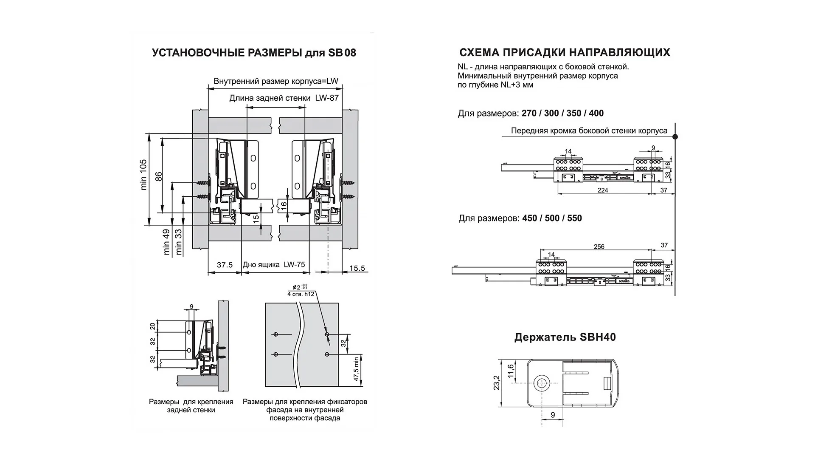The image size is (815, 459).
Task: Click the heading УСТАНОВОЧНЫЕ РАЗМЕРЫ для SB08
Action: coord(254,53)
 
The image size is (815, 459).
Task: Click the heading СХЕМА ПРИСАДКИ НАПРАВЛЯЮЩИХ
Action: coord(565,52)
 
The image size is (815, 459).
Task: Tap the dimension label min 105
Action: coord(143,174)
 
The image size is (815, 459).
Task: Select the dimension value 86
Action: coord(159,176)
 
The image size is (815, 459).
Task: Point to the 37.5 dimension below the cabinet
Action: coord(225,265)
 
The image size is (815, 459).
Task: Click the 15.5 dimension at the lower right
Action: coord(357,268)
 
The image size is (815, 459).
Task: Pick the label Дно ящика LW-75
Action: coord(274,265)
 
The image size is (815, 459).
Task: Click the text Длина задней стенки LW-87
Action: coord(284,98)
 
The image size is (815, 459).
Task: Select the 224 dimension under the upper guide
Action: coord(603,190)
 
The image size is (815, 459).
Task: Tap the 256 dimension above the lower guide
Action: coord(599,246)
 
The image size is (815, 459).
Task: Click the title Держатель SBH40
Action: coord(565,337)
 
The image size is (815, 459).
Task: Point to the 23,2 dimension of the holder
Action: coord(497,382)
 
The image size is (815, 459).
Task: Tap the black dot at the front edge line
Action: coord(675,137)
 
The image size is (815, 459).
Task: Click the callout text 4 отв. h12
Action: coord(301,294)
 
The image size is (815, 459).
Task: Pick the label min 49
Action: coord(166,242)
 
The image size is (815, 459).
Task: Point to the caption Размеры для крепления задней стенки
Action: coord(191,406)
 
